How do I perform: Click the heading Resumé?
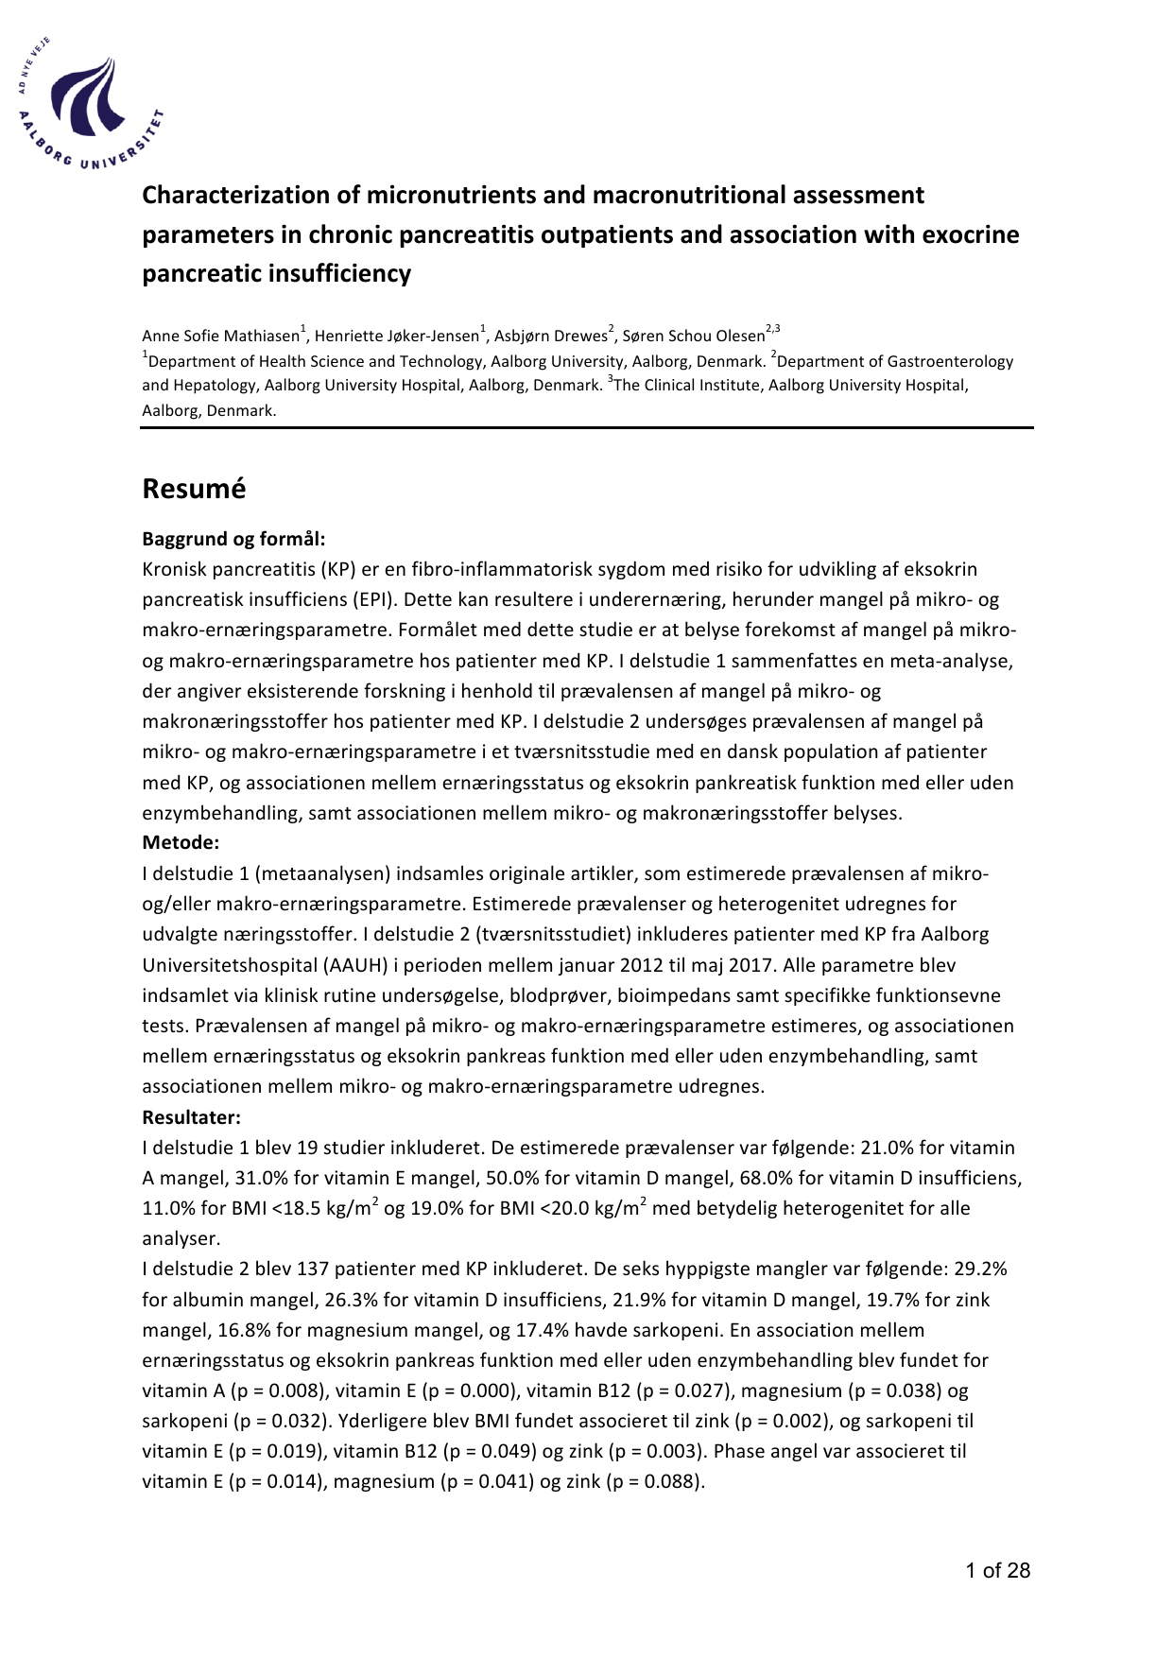194,489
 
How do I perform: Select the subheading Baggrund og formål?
233,539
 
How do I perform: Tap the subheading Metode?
181,842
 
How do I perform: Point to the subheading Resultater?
191,1117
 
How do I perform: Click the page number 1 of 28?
997,1571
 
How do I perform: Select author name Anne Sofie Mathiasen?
220,337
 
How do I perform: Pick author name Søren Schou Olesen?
693,337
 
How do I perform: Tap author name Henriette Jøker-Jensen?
396,337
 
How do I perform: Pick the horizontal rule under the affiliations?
586,428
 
